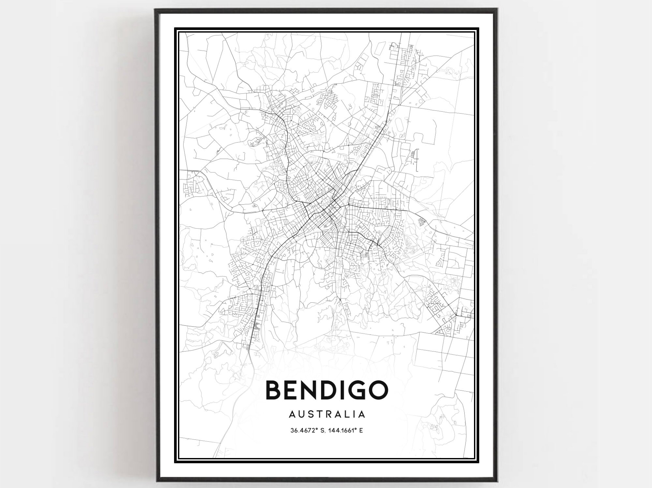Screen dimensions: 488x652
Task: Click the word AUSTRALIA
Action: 327,414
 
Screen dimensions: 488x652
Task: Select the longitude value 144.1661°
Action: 342,431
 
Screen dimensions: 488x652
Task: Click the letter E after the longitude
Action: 361,431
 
